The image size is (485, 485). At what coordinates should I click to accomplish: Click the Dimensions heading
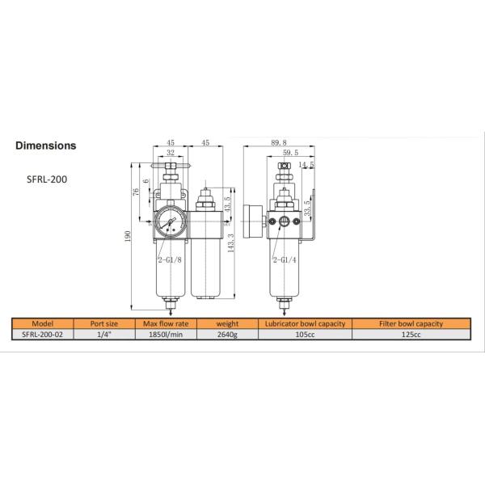[x=46, y=146]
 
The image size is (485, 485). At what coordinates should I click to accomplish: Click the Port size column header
[x=107, y=323]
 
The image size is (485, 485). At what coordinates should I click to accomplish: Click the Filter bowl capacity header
[x=411, y=323]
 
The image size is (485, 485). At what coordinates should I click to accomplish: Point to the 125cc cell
[x=411, y=334]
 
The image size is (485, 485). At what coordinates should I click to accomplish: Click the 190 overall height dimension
[x=127, y=235]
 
